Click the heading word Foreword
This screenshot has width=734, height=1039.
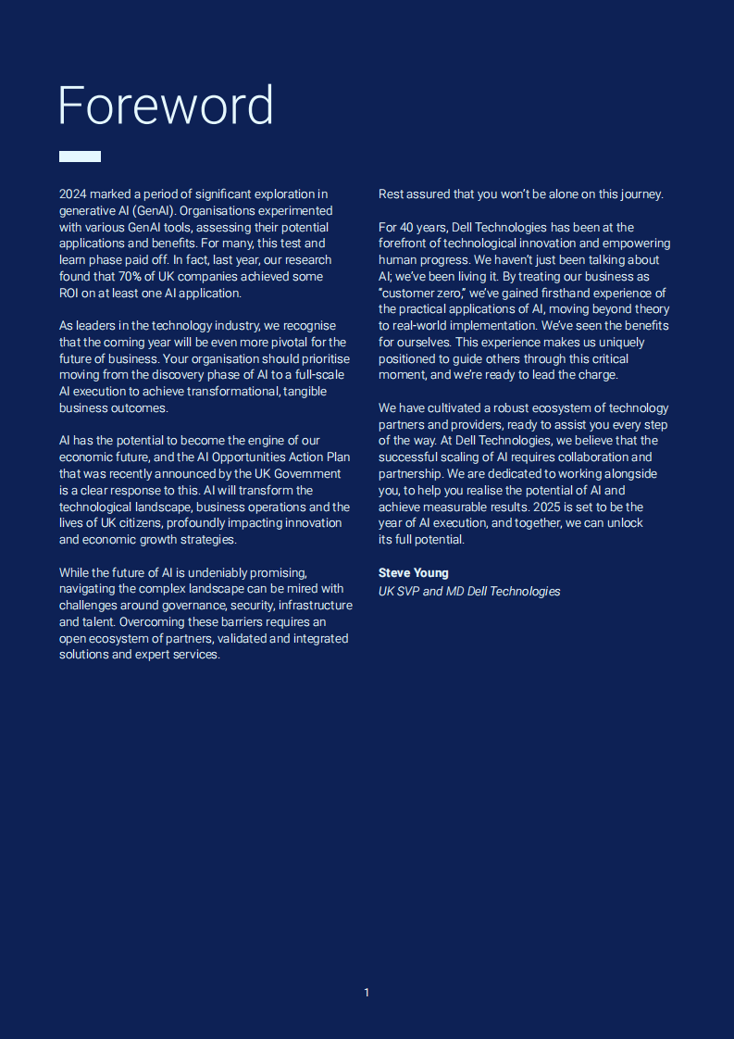click(x=166, y=106)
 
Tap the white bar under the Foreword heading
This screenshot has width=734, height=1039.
click(x=80, y=156)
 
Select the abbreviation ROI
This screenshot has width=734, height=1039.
click(x=70, y=294)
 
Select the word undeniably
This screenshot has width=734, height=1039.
click(x=224, y=573)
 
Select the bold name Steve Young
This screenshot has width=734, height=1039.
click(x=413, y=573)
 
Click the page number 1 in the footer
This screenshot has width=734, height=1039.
click(x=367, y=993)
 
